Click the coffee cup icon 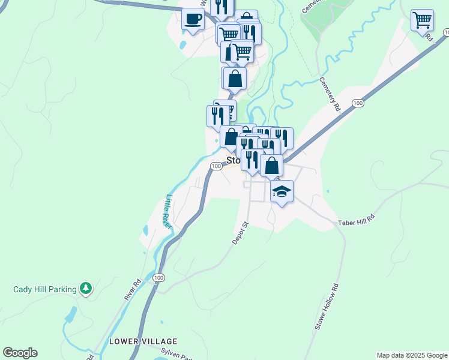click(193, 19)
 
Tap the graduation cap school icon click(282, 192)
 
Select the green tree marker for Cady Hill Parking click(86, 289)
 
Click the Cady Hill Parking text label click(45, 289)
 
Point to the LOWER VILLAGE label click(134, 341)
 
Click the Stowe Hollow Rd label click(327, 307)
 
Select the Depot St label click(241, 233)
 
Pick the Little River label click(167, 209)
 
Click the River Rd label click(132, 289)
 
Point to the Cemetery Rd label click(330, 95)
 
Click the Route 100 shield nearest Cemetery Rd click(358, 104)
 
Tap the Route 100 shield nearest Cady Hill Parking click(158, 278)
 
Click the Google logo click(20, 353)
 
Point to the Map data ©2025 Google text click(411, 355)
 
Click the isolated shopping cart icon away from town click(422, 20)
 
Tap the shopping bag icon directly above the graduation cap click(272, 166)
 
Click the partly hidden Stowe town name click(234, 161)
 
